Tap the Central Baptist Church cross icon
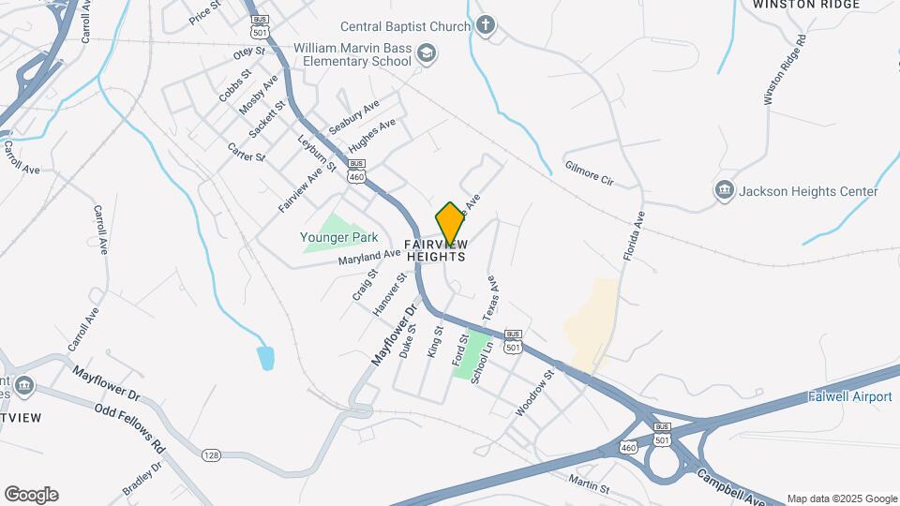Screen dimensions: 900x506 485,24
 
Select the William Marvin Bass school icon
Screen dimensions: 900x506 427,52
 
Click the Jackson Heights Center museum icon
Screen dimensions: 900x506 724,191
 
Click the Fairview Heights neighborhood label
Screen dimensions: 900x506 435,250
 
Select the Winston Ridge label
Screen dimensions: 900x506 806,5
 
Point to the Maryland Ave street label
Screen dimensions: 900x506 369,256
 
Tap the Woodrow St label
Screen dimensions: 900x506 535,393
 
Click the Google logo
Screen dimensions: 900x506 30,495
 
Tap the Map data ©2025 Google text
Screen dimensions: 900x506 841,499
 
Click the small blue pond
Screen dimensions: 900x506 266,357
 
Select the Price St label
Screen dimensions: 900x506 203,14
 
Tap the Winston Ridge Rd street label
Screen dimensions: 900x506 785,70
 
